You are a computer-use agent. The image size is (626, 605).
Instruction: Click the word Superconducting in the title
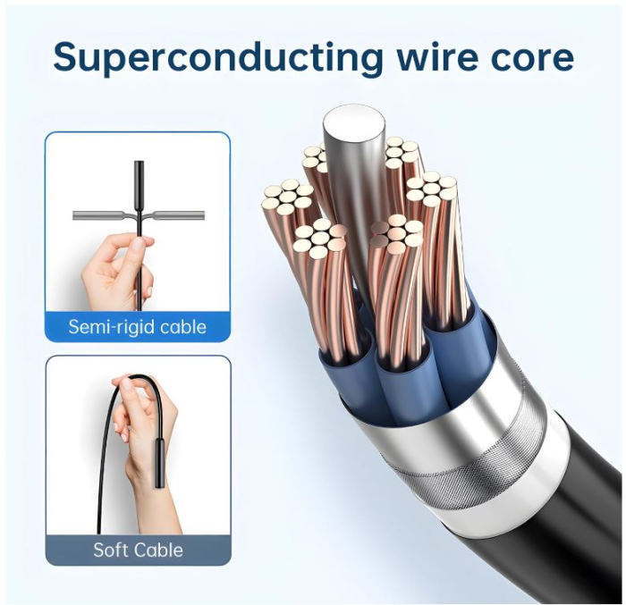pyautogui.click(x=218, y=58)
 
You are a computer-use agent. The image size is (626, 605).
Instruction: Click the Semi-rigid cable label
pyautogui.click(x=138, y=327)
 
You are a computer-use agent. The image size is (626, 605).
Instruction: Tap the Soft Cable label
pyautogui.click(x=138, y=550)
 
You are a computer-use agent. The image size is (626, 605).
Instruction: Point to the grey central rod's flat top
pyautogui.click(x=354, y=123)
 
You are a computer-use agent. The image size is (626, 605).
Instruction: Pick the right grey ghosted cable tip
pyautogui.click(x=179, y=215)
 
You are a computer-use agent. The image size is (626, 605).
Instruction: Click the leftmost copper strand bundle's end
pyautogui.click(x=287, y=197)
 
